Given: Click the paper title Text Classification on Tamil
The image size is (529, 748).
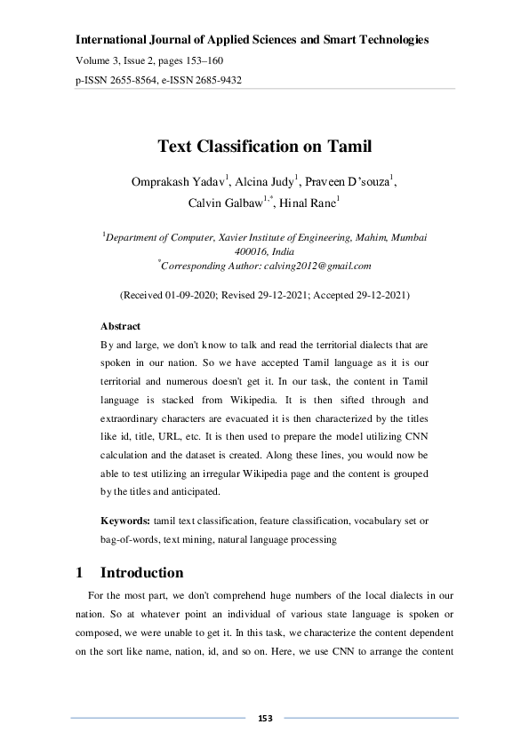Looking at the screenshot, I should coord(264,146).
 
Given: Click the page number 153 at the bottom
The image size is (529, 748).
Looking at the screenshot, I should coord(264,717).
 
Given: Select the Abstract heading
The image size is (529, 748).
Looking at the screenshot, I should coord(120,326).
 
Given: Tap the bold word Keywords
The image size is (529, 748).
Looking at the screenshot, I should coord(125,520).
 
